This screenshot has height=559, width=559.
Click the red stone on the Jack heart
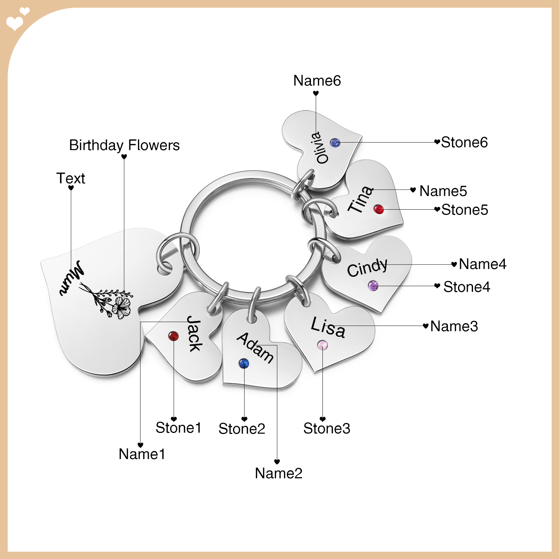[173, 336]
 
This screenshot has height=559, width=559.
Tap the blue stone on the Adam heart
[244, 363]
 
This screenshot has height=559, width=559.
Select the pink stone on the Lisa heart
[322, 346]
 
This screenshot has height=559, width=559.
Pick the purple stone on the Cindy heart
[373, 286]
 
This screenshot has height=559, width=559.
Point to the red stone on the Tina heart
[379, 209]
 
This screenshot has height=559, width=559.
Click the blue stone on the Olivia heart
[335, 143]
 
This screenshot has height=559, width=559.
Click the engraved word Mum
[72, 278]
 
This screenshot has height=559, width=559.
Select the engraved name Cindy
[368, 267]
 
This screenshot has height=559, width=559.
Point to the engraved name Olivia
[321, 147]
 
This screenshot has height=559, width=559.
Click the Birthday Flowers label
[124, 145]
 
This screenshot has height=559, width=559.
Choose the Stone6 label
[464, 142]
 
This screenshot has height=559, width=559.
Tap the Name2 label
[278, 473]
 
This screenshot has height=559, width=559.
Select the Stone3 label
[327, 428]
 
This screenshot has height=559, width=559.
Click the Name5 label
[443, 191]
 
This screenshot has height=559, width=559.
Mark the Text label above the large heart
[71, 178]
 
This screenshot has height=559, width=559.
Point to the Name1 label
[141, 454]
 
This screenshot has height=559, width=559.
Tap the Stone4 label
[467, 287]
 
